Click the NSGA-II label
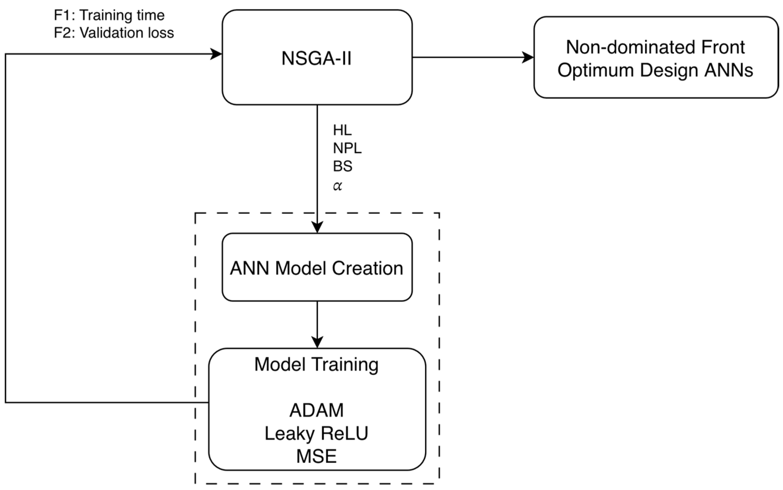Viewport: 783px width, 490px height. tap(316, 59)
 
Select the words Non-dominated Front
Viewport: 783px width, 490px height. tap(655, 47)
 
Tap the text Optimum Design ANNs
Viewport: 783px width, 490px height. tap(655, 70)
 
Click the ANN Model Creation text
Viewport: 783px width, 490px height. tap(316, 268)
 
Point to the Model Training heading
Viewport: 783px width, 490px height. tap(316, 364)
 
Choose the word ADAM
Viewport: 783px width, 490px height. tap(316, 410)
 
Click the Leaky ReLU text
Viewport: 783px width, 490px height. tap(316, 433)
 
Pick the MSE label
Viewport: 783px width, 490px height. tap(316, 456)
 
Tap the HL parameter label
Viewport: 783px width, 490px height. tap(342, 130)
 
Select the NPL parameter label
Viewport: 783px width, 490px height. tap(347, 148)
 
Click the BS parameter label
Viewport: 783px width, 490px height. tap(342, 166)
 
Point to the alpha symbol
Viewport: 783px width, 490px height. tap(337, 186)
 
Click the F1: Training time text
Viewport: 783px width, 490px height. tap(109, 15)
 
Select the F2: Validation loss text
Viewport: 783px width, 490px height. tap(114, 33)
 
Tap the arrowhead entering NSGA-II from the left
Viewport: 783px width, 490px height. tap(217, 54)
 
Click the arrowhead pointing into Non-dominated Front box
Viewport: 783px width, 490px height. tap(528, 58)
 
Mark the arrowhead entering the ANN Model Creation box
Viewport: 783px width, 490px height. tap(317, 227)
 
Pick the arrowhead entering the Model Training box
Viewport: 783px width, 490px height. tap(317, 342)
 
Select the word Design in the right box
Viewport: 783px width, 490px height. tap(669, 70)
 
